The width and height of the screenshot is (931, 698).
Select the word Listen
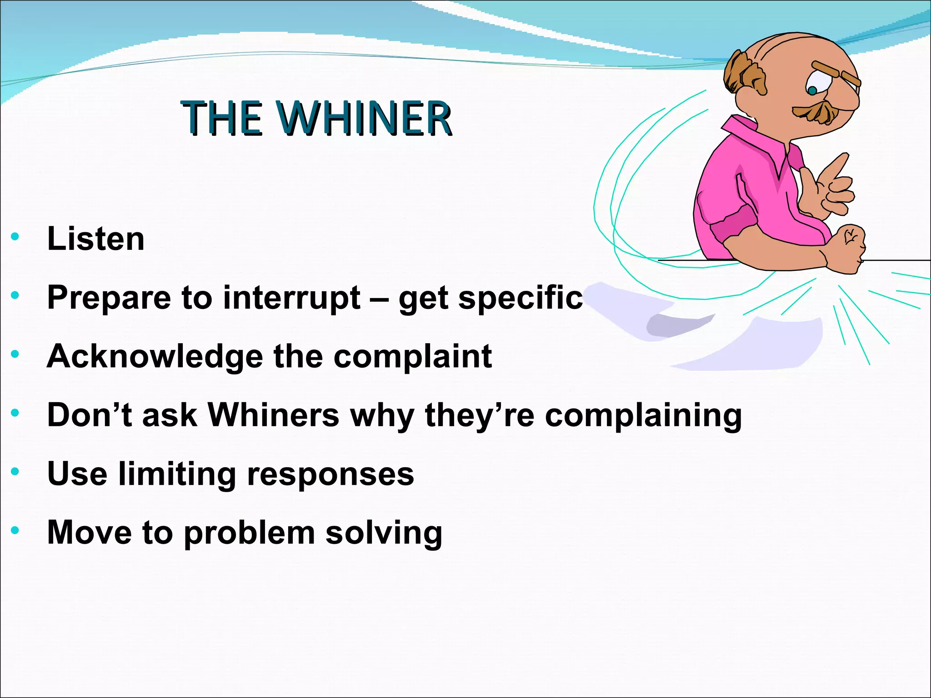tap(96, 239)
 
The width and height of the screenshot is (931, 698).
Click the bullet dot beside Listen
tap(15, 236)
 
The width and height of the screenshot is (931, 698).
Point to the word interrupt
tap(291, 298)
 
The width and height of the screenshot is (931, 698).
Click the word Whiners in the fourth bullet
tap(273, 415)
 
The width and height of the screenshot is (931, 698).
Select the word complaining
tap(643, 416)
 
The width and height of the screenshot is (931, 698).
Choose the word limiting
tap(177, 474)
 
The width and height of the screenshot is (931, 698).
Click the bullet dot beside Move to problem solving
tap(15, 530)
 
